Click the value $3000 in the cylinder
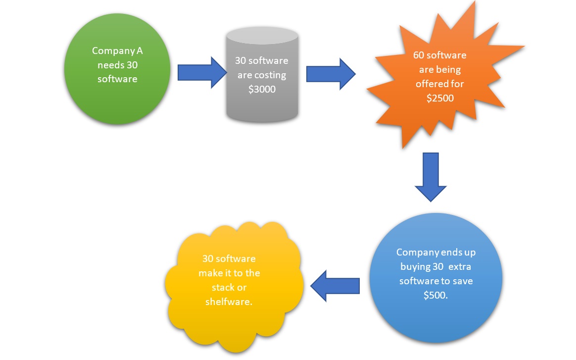(262, 89)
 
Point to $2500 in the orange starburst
(440, 98)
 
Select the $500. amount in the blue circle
(435, 295)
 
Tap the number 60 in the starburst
(419, 55)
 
